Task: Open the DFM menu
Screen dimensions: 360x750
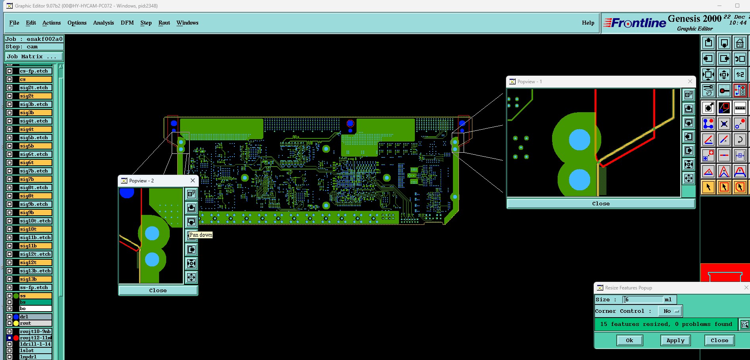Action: click(127, 23)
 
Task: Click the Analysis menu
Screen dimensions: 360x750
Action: click(104, 23)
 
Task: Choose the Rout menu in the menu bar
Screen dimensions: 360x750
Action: click(164, 23)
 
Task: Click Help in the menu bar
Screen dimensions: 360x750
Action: click(588, 23)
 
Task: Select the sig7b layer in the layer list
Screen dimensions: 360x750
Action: click(36, 179)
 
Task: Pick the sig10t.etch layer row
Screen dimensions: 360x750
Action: click(36, 221)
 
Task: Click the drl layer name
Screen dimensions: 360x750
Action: click(36, 317)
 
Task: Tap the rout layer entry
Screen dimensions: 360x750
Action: click(36, 323)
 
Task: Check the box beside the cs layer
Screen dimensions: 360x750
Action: click(10, 79)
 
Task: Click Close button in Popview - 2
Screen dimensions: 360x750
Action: click(158, 290)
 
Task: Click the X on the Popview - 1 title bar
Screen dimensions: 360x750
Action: click(690, 81)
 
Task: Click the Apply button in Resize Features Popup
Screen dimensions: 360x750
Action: click(675, 340)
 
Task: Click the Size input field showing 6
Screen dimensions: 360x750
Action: click(643, 299)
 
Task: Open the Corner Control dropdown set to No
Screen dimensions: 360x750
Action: click(670, 311)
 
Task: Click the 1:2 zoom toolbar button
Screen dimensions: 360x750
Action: click(740, 74)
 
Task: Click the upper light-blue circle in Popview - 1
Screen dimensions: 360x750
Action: click(579, 140)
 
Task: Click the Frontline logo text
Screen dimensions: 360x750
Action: click(639, 23)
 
